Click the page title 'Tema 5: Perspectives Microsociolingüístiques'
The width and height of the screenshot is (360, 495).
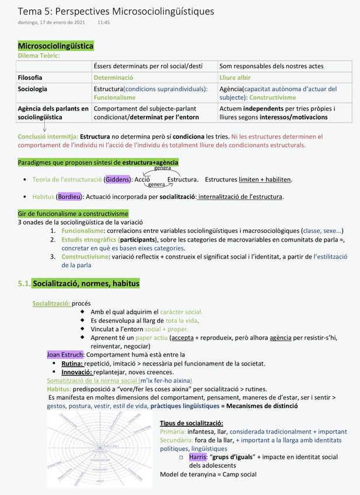(116, 11)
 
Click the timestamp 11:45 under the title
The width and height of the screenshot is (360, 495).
(103, 22)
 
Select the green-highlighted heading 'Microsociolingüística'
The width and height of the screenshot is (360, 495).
(55, 46)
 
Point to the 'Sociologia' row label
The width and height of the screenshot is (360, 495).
(33, 89)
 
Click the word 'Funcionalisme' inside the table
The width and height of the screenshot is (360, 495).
(114, 97)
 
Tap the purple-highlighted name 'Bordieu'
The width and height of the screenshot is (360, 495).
(69, 196)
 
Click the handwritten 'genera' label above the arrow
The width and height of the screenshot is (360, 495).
(162, 168)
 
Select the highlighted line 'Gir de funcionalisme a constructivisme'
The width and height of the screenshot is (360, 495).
(73, 214)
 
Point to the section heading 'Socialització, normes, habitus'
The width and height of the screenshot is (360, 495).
(86, 283)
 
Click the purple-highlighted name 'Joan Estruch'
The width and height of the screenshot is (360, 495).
(65, 354)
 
